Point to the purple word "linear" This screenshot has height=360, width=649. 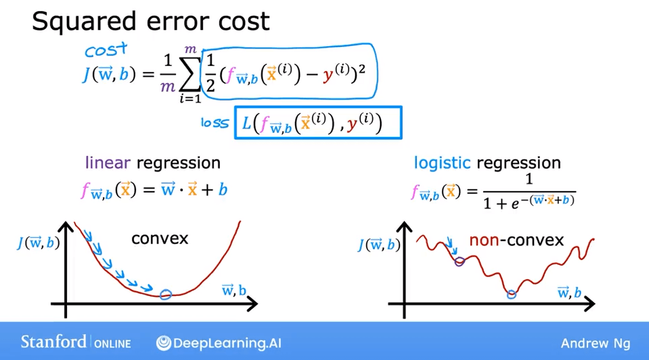[x=108, y=163]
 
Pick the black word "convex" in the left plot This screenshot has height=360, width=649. [x=160, y=238]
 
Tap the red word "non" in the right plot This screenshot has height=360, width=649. [x=484, y=241]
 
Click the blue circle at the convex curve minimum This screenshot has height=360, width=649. [x=165, y=295]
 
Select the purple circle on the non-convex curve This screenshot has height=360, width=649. [x=459, y=261]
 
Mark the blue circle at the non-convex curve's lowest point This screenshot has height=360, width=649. [x=511, y=294]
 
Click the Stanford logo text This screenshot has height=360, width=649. [x=54, y=342]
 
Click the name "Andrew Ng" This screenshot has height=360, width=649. [x=595, y=344]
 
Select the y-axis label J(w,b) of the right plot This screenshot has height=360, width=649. [x=379, y=245]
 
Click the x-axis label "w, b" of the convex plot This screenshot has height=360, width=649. [x=234, y=291]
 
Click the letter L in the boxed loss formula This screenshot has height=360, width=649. [x=246, y=124]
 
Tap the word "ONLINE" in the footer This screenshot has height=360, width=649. [x=113, y=344]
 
